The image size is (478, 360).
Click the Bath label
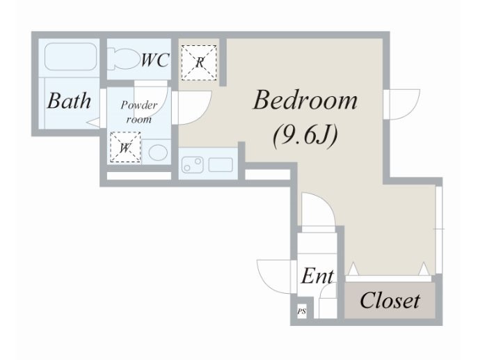point(69,100)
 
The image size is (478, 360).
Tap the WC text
point(154,60)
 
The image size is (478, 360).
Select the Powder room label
point(139,112)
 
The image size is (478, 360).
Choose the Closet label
point(390,300)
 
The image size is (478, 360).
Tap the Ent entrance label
point(317,276)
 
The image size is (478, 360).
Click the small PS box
point(302,311)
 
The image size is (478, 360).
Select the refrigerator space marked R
point(199,63)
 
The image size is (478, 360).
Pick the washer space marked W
point(125,148)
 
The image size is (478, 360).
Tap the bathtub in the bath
point(71,56)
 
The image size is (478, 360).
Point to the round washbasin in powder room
point(158,152)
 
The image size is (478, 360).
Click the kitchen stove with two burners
point(192,165)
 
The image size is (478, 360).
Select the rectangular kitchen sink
point(221,165)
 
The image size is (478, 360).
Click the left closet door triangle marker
point(353,269)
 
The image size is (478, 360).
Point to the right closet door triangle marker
point(424,269)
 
